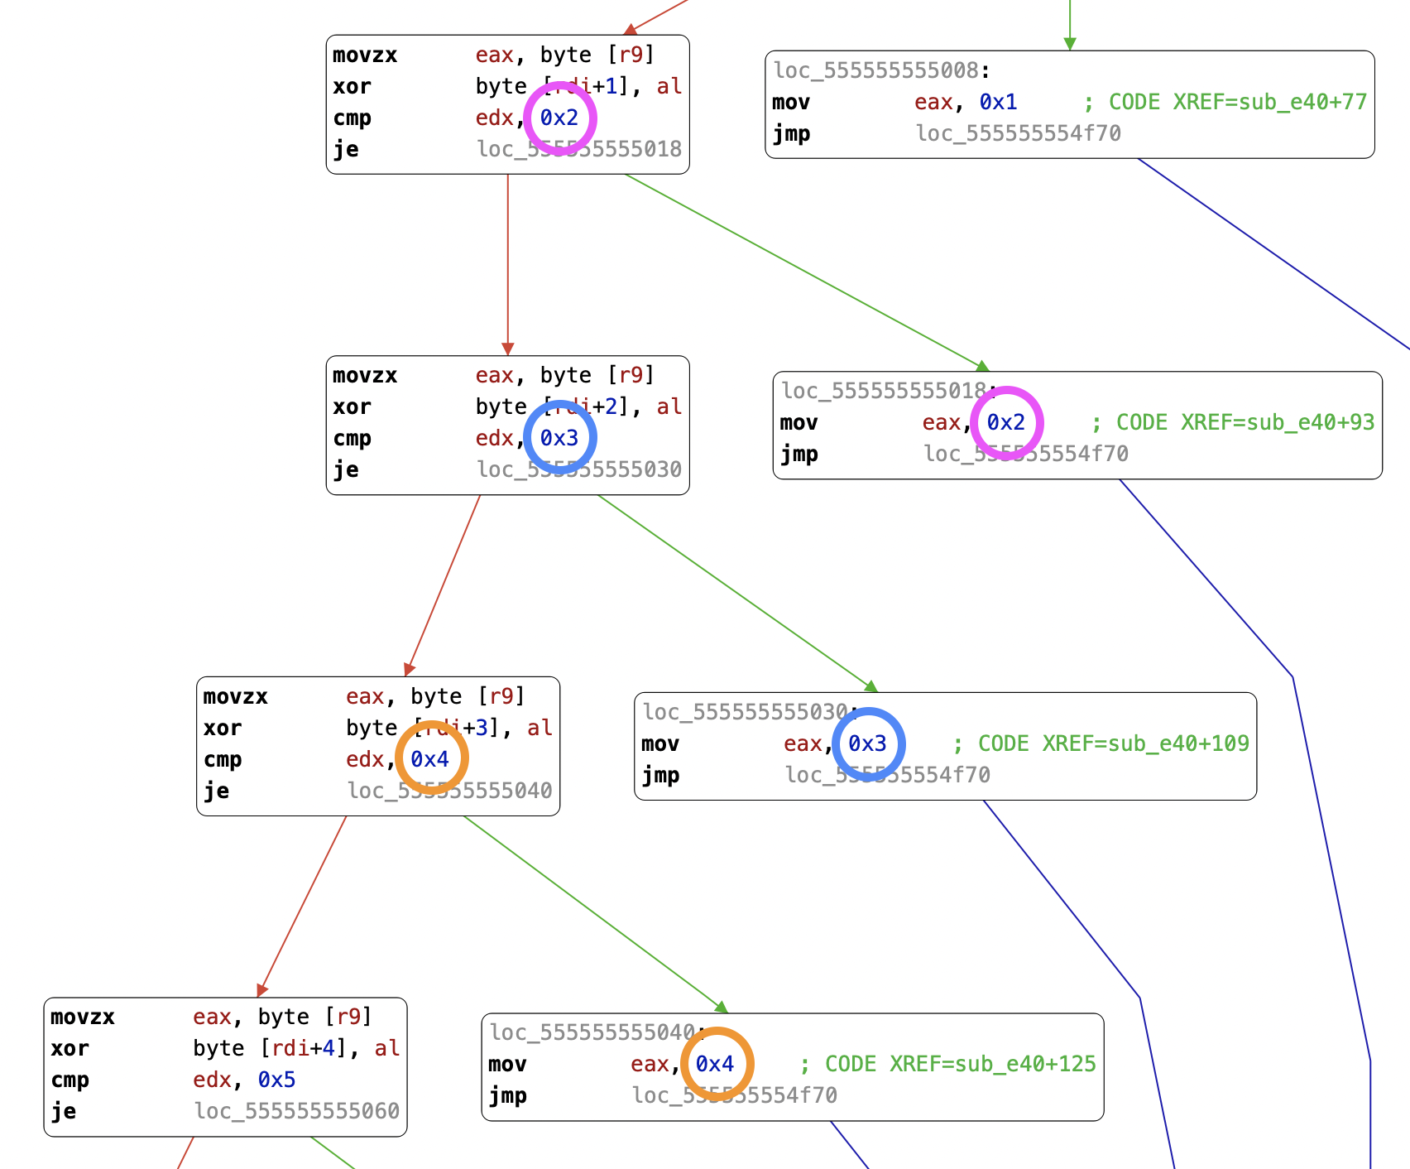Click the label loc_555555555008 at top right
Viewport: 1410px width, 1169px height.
coord(875,70)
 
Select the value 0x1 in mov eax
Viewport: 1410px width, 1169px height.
coord(998,102)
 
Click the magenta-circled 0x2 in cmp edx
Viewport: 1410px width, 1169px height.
coord(559,118)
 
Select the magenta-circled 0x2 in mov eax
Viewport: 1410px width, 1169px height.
coord(1006,422)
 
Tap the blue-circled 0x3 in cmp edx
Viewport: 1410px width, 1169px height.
coord(559,438)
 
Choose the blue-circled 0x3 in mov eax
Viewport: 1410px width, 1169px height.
coord(868,743)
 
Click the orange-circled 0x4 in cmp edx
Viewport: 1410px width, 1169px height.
coord(430,759)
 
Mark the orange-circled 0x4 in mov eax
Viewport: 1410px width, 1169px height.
coord(716,1064)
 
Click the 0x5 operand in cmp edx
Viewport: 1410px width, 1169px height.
coord(276,1080)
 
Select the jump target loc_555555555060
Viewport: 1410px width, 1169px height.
coord(297,1111)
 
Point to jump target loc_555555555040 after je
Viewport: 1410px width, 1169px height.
coord(449,791)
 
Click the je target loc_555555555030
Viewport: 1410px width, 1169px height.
coord(579,469)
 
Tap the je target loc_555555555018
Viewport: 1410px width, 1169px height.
coord(579,149)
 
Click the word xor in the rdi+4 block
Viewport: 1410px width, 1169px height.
coord(70,1048)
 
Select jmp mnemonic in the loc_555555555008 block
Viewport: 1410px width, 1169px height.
coord(791,133)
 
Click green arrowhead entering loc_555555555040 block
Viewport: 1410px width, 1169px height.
coord(722,1008)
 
